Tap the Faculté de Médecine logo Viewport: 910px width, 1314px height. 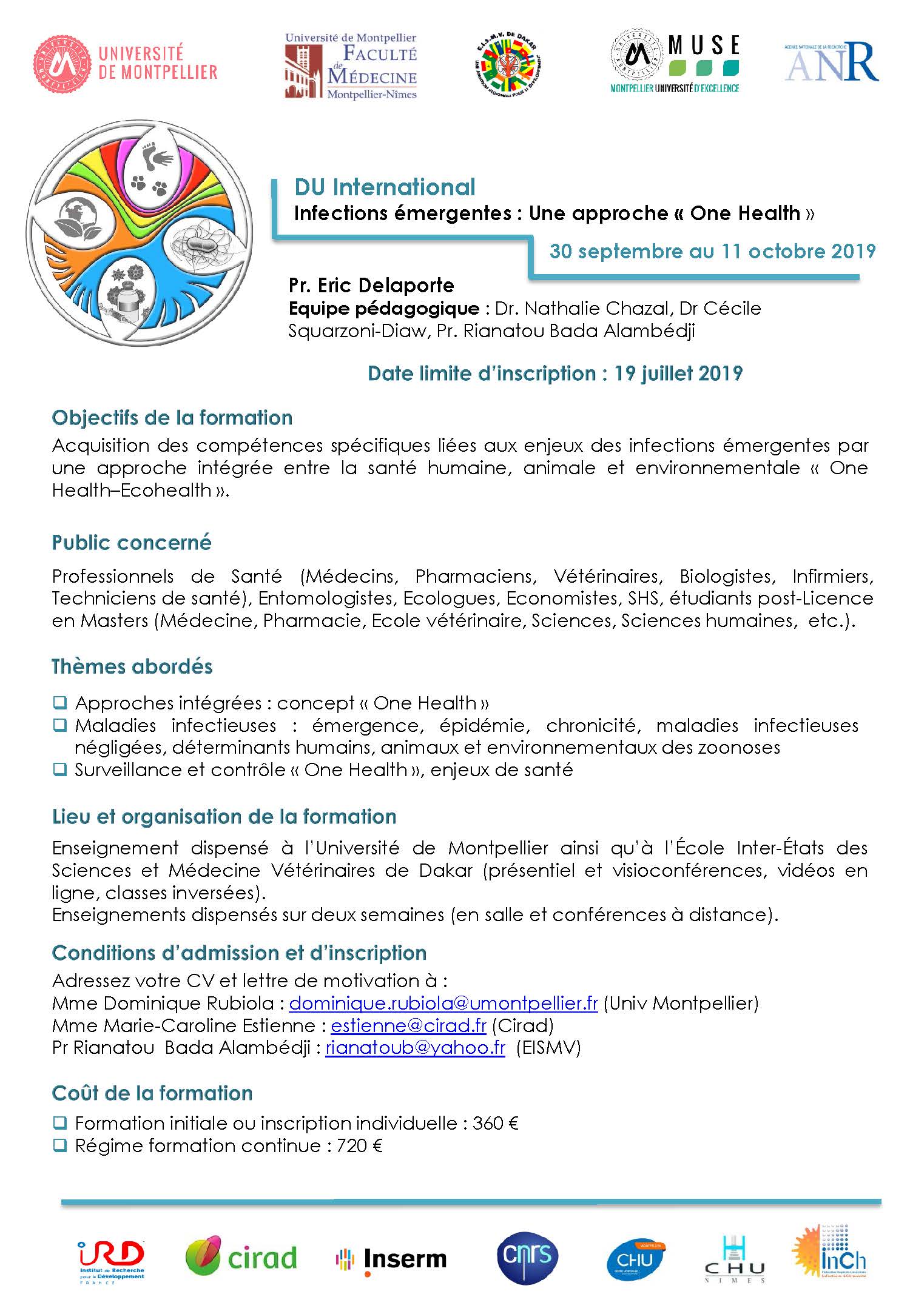click(351, 66)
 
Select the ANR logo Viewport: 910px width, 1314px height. click(831, 62)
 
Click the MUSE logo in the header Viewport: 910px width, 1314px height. click(675, 64)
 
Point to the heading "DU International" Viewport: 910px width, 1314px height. click(385, 187)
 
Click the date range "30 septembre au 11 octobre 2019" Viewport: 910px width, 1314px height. click(712, 251)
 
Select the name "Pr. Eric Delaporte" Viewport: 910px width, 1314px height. click(371, 285)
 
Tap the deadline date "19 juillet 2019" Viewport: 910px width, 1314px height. click(678, 373)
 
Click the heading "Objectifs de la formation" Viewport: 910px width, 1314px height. click(172, 418)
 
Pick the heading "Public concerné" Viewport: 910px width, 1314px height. click(132, 542)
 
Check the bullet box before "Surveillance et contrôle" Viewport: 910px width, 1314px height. click(59, 769)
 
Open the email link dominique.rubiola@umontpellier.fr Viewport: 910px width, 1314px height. click(443, 1003)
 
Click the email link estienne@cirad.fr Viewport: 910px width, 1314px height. click(408, 1025)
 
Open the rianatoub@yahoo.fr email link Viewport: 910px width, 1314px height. click(415, 1048)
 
